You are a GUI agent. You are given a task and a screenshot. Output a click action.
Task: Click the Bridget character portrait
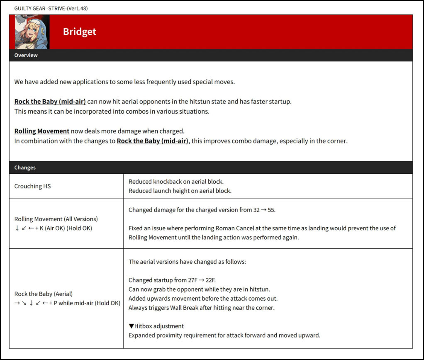click(29, 32)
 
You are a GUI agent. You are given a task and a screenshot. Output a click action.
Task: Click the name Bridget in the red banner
click(79, 32)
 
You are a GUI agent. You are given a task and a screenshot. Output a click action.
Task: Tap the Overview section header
click(26, 55)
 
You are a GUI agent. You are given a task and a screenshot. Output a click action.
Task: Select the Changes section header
click(25, 168)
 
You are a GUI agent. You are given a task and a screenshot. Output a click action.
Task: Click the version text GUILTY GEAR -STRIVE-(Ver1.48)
click(51, 8)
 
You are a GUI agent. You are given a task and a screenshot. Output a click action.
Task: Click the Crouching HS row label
click(32, 186)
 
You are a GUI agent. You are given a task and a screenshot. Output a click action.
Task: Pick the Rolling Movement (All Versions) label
click(56, 219)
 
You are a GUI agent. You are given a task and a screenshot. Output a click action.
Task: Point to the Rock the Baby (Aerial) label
click(44, 294)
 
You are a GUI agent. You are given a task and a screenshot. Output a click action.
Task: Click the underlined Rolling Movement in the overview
click(41, 131)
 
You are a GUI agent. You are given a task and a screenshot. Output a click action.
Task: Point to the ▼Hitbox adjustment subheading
click(156, 326)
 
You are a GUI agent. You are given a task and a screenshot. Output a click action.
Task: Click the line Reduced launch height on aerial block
click(180, 191)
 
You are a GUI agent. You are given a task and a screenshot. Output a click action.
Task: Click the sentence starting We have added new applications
click(124, 82)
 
